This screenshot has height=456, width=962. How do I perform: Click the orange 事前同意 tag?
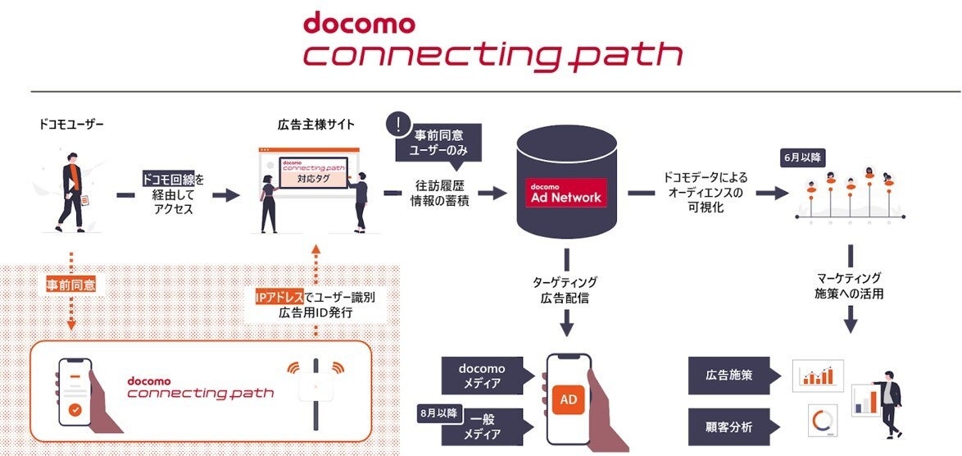(x=71, y=285)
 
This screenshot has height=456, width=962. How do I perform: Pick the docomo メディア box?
(x=481, y=375)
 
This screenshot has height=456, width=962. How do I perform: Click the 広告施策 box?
(x=729, y=375)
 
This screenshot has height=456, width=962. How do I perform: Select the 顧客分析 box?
(x=729, y=426)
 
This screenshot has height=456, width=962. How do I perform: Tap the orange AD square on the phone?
(x=569, y=399)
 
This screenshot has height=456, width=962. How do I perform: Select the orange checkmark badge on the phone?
(x=75, y=408)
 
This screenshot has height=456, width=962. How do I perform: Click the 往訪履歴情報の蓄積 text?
(x=440, y=194)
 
